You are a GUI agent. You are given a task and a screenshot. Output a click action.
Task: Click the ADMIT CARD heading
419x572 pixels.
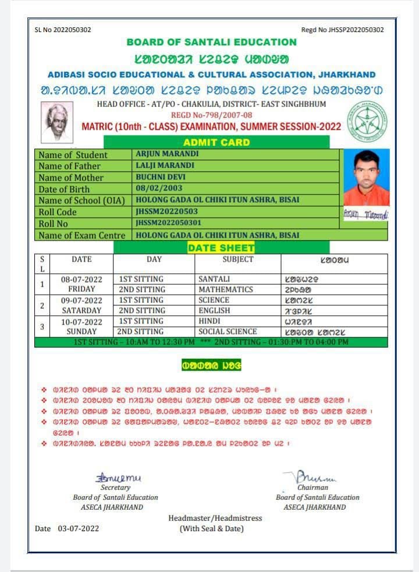click(216, 142)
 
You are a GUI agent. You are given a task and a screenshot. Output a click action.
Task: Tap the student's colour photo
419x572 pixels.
click(366, 178)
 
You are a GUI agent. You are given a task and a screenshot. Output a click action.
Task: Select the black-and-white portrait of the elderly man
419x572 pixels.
click(57, 122)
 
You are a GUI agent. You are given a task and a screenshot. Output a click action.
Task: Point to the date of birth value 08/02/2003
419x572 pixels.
click(159, 188)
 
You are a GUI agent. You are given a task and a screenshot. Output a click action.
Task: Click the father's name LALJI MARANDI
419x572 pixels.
click(165, 165)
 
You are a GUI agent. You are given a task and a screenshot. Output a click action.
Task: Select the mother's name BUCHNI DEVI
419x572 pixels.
click(160, 177)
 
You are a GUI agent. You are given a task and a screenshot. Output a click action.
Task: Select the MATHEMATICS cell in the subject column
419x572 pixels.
click(225, 289)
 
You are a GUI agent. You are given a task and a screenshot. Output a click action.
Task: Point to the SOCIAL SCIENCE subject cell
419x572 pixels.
click(228, 331)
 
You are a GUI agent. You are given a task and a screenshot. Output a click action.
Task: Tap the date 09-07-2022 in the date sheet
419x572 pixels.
click(81, 301)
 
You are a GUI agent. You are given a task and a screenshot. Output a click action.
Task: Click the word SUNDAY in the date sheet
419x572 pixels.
click(81, 331)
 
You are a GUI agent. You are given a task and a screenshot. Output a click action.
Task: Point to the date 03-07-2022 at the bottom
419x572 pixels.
click(78, 528)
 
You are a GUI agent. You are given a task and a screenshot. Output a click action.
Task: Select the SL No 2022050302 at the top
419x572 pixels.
click(63, 30)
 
